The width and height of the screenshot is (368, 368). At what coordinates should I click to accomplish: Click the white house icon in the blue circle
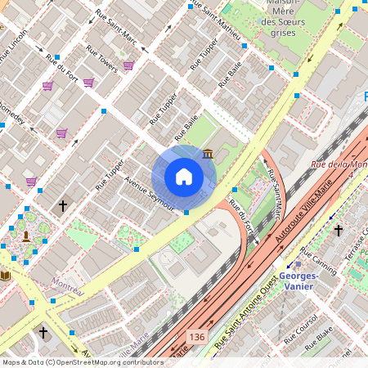[x=184, y=176]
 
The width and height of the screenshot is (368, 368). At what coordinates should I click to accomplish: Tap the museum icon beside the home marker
[x=208, y=155]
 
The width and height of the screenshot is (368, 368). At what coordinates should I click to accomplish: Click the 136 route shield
[x=196, y=336]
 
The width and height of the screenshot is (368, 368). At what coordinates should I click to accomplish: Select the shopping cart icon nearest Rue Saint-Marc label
[x=128, y=65]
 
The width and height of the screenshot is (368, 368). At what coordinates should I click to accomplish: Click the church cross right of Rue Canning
[x=338, y=231]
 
